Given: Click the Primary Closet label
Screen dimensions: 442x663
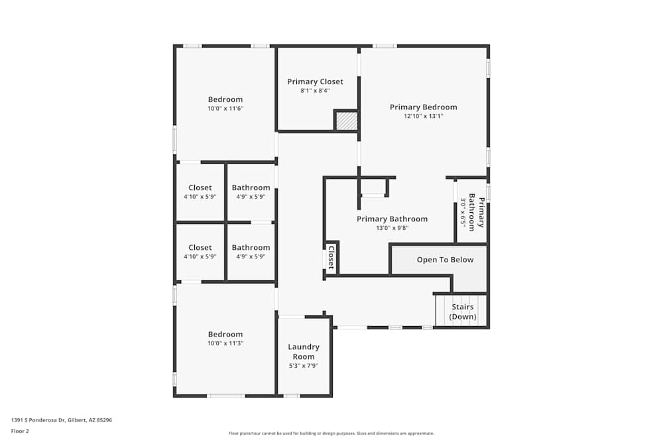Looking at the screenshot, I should coord(315,82).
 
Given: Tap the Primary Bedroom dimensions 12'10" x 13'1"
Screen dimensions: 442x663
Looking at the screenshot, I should coord(423,116).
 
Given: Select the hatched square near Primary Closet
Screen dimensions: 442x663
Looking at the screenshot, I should coord(346,121).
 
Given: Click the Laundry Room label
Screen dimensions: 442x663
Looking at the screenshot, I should coord(304,352).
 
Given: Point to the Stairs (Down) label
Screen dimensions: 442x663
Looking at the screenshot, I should coord(463,311).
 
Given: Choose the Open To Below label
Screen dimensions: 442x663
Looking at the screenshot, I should coord(445,260).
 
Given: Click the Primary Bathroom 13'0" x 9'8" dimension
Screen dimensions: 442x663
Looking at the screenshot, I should coord(392,228).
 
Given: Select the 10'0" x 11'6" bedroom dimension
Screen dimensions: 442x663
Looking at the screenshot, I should coord(225,108).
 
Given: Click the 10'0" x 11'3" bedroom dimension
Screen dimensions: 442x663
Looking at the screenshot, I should coord(225,343).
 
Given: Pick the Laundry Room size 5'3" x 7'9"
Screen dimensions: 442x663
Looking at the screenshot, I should coord(304,366).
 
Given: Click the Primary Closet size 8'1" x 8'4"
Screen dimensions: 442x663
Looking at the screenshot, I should coord(315,91).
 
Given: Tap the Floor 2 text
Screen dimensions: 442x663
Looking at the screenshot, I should coord(20,431).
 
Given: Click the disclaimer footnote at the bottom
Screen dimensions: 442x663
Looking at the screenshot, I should coord(331,433).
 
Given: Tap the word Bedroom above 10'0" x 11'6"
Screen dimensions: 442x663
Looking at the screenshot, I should coord(225,99).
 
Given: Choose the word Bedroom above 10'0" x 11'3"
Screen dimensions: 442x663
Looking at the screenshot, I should coord(225,335).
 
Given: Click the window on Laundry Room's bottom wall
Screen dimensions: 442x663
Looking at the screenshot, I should coord(291,396).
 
